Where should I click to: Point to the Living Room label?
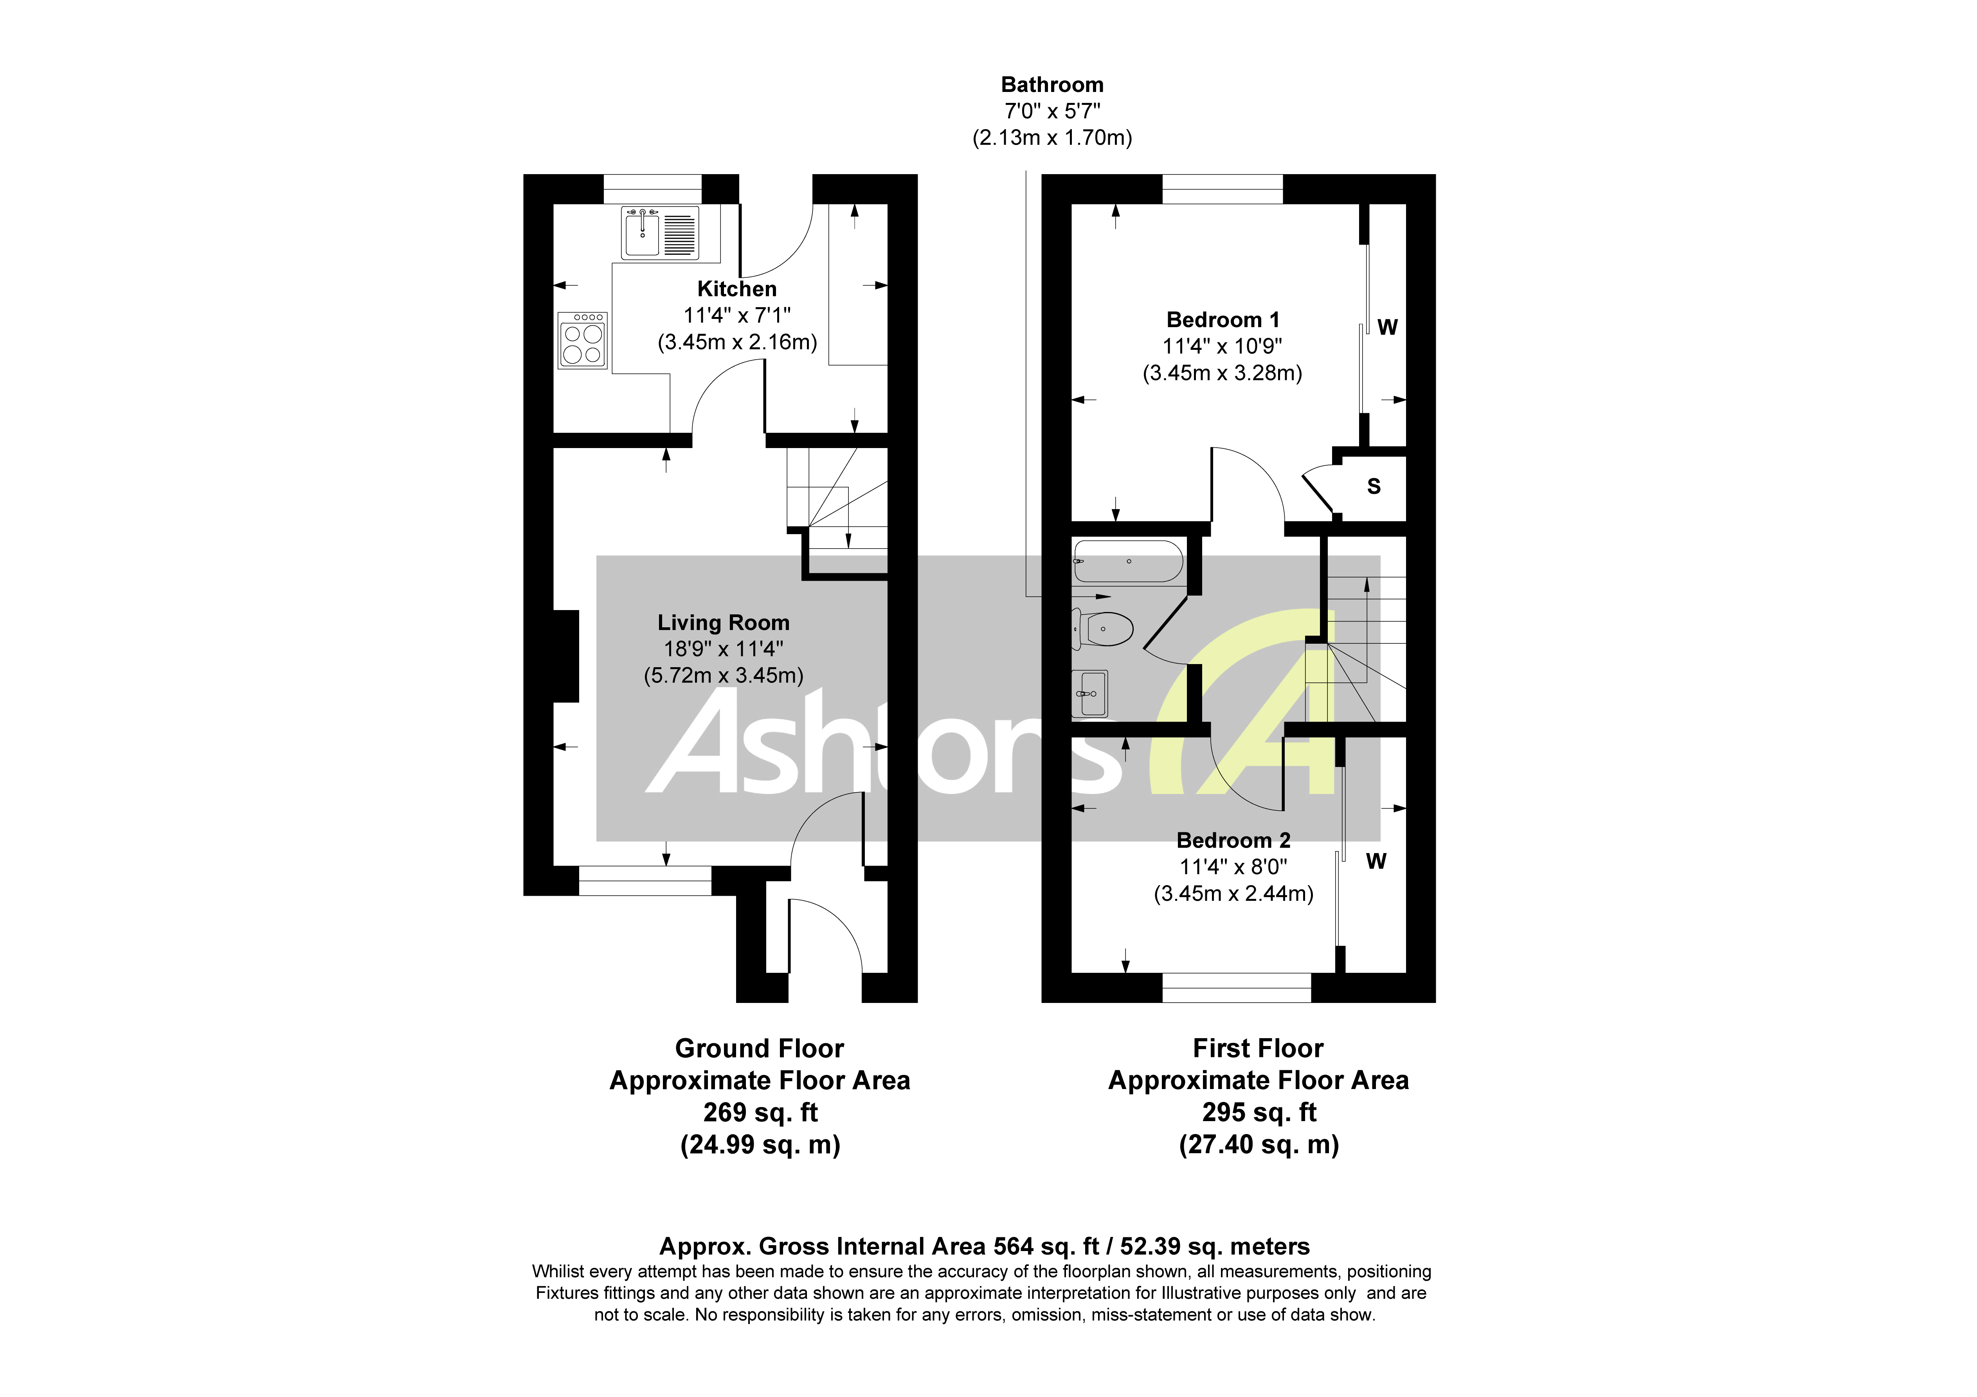(x=723, y=623)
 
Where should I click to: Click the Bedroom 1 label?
(x=1223, y=320)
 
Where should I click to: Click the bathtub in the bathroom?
(x=1128, y=562)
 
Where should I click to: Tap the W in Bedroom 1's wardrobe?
(x=1387, y=328)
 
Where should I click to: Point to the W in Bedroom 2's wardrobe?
(x=1376, y=861)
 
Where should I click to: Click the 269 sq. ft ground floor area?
(x=760, y=1113)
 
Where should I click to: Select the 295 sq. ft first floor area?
(x=1259, y=1113)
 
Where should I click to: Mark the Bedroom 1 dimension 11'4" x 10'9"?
(x=1223, y=346)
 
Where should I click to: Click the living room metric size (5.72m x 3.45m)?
(x=723, y=675)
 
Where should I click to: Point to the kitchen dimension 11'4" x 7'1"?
(x=737, y=316)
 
